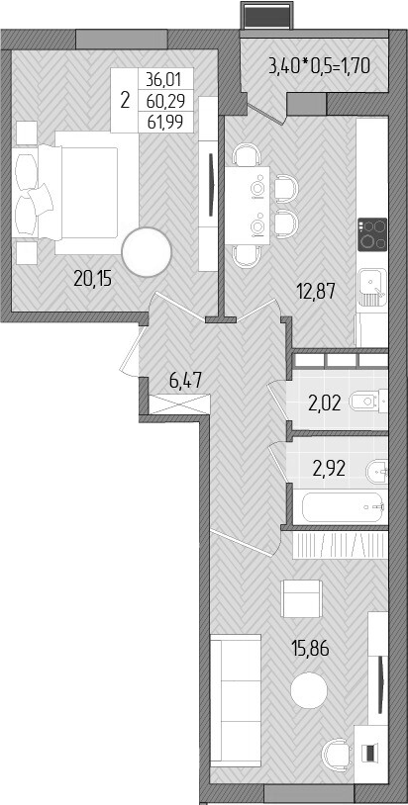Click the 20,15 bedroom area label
[92, 278]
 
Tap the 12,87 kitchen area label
[317, 291]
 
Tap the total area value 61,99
[168, 121]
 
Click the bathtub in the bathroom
[336, 507]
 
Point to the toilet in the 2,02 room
[369, 402]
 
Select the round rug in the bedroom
[147, 252]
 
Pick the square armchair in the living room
[301, 599]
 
